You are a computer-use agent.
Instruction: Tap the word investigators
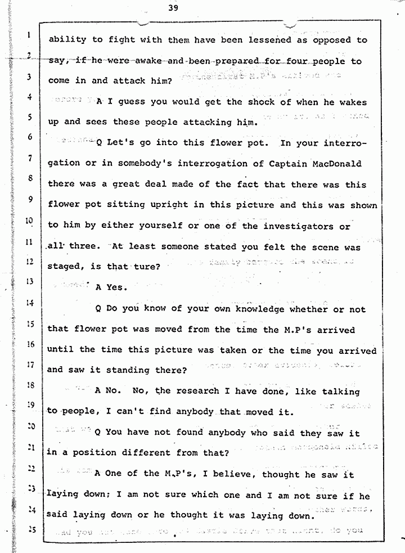[304, 226]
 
